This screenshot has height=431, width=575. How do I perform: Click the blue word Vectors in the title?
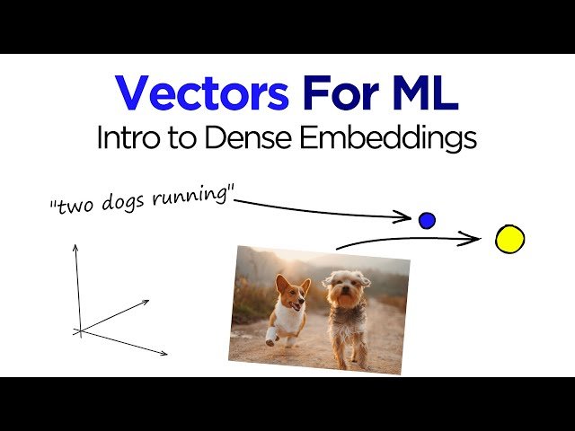click(x=201, y=92)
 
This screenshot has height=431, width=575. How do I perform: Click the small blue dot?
click(x=427, y=220)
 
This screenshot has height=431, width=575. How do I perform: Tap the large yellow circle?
click(x=509, y=240)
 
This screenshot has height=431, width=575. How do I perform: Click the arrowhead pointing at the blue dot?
click(x=407, y=216)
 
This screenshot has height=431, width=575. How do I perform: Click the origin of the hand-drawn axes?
click(x=81, y=331)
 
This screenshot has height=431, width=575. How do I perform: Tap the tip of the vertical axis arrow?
click(x=75, y=245)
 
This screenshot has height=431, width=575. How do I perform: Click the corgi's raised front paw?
click(x=271, y=336)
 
